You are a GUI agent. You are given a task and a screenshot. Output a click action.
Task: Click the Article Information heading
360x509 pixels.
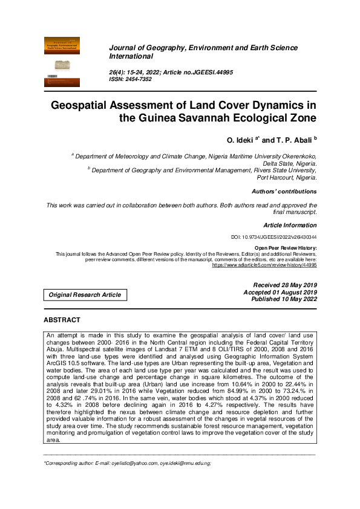pos(290,225)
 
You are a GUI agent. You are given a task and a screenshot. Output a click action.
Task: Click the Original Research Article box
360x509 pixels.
pos(85,295)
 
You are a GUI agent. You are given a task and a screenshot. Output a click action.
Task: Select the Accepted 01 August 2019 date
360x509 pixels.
pos(280,292)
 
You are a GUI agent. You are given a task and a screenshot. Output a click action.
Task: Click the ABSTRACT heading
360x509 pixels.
pos(62,319)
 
